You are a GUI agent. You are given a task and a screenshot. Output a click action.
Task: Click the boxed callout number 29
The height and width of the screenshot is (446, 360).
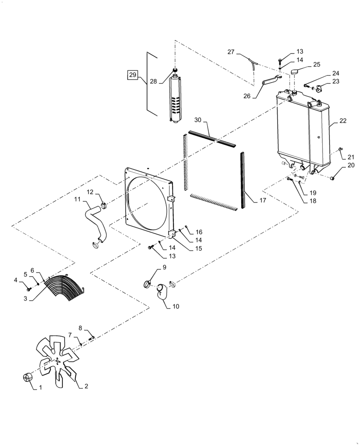[132, 75]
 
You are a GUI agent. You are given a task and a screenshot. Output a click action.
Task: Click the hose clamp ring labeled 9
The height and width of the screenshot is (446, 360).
[148, 283]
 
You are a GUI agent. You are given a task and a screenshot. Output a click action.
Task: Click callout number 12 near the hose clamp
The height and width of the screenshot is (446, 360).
[90, 192]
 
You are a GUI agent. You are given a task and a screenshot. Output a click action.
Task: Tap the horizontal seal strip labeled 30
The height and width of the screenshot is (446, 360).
[211, 138]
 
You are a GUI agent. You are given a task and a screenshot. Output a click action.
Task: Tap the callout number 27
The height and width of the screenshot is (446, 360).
[231, 52]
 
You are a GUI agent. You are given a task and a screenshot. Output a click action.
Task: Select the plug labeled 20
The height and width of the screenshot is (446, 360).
[333, 178]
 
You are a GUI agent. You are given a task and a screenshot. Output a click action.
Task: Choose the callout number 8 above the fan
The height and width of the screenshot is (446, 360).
[81, 329]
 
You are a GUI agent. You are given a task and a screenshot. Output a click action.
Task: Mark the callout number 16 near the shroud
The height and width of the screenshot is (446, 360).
[199, 232]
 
